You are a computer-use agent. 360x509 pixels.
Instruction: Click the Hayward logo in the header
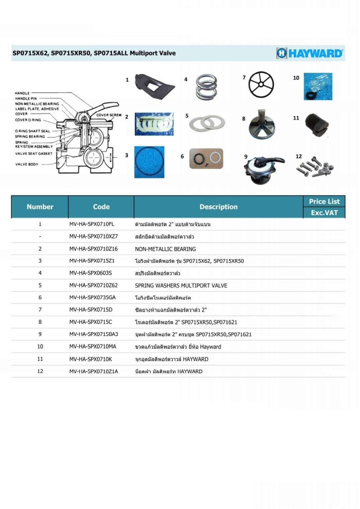click(309, 53)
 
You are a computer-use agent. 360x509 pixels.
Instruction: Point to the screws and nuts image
click(314, 167)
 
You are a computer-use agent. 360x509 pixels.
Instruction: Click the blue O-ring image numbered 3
click(149, 162)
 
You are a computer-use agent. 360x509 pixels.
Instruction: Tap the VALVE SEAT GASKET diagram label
click(34, 154)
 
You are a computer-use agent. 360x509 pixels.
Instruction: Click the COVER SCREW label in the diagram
click(109, 115)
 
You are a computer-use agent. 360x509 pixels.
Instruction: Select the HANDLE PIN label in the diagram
click(26, 98)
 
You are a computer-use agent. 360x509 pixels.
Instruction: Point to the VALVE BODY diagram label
click(27, 164)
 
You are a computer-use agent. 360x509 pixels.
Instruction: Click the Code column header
click(101, 207)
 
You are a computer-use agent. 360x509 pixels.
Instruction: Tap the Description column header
click(218, 207)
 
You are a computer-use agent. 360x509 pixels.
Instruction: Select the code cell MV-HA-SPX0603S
click(90, 273)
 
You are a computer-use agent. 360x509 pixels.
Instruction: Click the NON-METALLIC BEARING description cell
click(165, 249)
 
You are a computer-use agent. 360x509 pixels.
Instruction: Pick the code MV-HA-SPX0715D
click(91, 310)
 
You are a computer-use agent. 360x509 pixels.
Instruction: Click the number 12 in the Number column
click(40, 371)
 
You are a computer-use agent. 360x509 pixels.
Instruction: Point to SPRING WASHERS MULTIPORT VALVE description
click(181, 285)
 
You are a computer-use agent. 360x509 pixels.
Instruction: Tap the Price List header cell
click(324, 202)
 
